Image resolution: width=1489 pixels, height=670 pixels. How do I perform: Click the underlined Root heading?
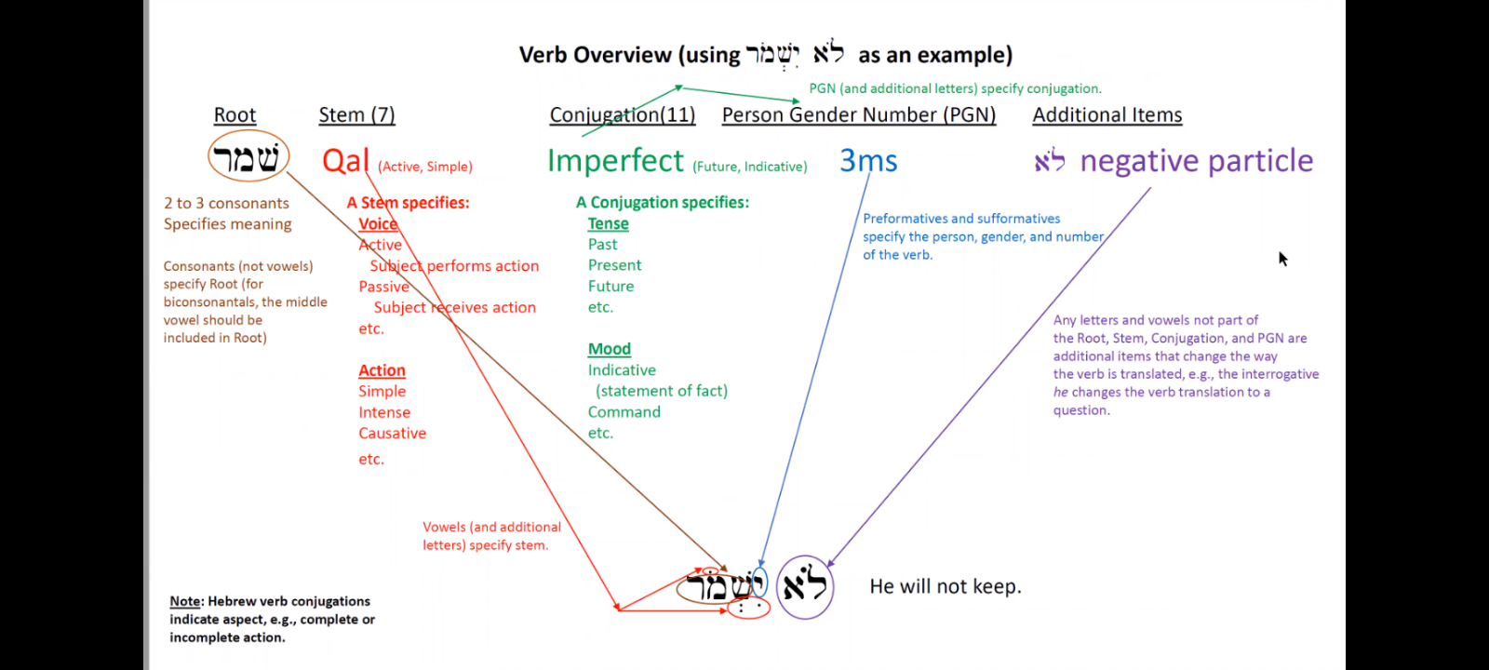pyautogui.click(x=235, y=115)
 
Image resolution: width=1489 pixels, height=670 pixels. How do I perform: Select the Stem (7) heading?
pyautogui.click(x=356, y=115)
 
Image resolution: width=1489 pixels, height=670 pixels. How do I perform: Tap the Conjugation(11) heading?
pyautogui.click(x=623, y=115)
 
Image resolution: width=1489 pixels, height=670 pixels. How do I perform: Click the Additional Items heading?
pyautogui.click(x=1107, y=115)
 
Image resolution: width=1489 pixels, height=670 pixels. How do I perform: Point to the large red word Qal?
pyautogui.click(x=345, y=161)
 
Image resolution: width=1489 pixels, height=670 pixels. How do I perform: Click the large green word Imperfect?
pyautogui.click(x=615, y=161)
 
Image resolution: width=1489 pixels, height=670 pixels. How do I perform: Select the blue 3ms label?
pyautogui.click(x=868, y=161)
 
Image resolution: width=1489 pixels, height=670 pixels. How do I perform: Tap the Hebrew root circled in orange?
pyautogui.click(x=248, y=157)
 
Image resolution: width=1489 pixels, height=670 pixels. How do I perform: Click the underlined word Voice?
pyautogui.click(x=378, y=224)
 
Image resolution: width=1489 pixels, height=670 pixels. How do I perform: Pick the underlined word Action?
pyautogui.click(x=382, y=370)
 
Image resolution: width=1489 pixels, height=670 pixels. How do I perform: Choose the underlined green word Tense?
pyautogui.click(x=608, y=224)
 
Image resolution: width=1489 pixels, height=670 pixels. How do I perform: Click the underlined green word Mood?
pyautogui.click(x=609, y=349)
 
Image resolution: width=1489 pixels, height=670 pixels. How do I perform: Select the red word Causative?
pyautogui.click(x=392, y=434)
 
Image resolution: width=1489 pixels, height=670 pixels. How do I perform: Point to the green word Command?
pyautogui.click(x=624, y=412)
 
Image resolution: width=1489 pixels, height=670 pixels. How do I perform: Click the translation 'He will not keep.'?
pyautogui.click(x=946, y=586)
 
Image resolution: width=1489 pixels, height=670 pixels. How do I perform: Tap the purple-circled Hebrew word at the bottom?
pyautogui.click(x=805, y=586)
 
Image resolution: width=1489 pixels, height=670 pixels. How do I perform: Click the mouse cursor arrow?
pyautogui.click(x=1282, y=258)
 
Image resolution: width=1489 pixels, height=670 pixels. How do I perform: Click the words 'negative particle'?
pyautogui.click(x=1196, y=161)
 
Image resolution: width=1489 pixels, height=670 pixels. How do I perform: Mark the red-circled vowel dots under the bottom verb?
pyautogui.click(x=748, y=609)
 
